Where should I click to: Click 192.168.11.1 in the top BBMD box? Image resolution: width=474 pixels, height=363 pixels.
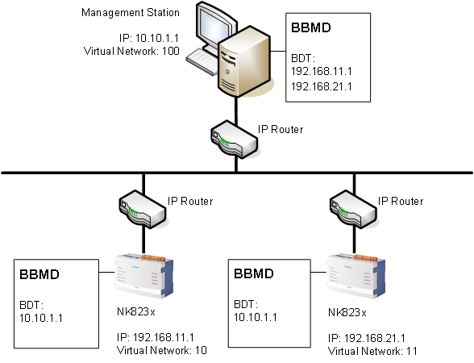322,71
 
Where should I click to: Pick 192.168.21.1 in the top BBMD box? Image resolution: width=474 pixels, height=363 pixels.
322,85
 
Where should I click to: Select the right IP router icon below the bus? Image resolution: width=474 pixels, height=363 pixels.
352,209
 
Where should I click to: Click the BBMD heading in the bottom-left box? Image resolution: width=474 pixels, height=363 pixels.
42,275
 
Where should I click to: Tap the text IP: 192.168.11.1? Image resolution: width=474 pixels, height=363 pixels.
156,338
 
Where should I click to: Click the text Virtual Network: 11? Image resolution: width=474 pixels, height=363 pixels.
372,351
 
